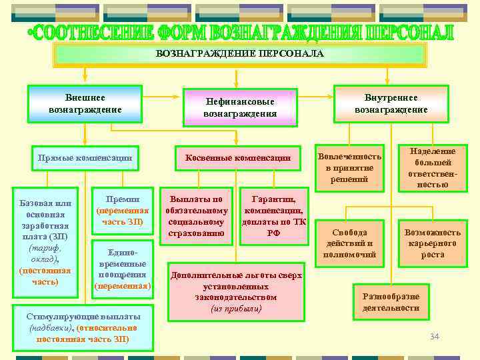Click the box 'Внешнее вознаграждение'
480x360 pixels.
tap(85, 103)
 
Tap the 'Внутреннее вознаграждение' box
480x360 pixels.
tap(391, 103)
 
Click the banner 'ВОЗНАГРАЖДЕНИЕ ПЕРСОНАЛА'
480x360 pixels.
tap(239, 53)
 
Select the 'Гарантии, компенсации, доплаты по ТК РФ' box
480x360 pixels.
tap(273, 216)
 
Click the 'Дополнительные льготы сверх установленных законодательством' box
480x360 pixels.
tap(237, 291)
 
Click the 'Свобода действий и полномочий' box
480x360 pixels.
tap(349, 243)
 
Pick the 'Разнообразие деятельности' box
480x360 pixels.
tap(391, 302)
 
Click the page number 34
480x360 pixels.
tap(435, 336)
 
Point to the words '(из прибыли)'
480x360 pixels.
tap(237, 309)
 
